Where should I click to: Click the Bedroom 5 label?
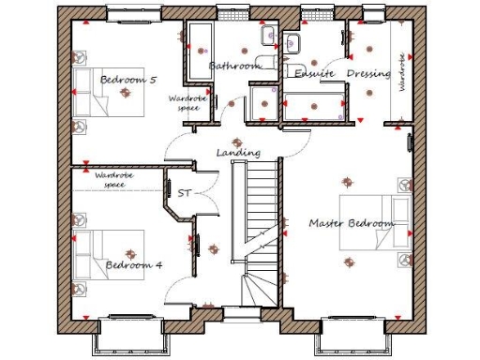[127, 80]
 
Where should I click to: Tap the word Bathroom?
[233, 67]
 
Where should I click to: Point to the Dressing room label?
[368, 73]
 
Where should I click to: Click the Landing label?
[238, 153]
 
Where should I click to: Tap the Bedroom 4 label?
[133, 265]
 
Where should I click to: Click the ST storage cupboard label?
[184, 194]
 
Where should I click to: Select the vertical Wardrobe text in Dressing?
[403, 70]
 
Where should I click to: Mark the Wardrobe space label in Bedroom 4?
[113, 180]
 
